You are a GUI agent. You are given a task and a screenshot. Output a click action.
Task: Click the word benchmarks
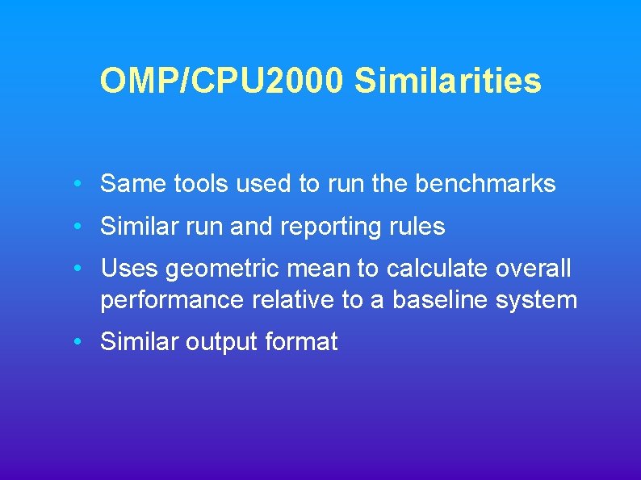[485, 184]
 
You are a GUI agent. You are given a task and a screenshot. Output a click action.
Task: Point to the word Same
[133, 184]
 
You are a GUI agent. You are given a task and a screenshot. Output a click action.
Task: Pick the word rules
[419, 227]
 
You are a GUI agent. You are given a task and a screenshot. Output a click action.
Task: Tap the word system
[537, 301]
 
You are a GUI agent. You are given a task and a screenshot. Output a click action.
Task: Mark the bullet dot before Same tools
[75, 185]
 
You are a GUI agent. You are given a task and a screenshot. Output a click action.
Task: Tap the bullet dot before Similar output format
[75, 343]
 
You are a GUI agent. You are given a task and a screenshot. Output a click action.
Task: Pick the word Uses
[129, 269]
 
